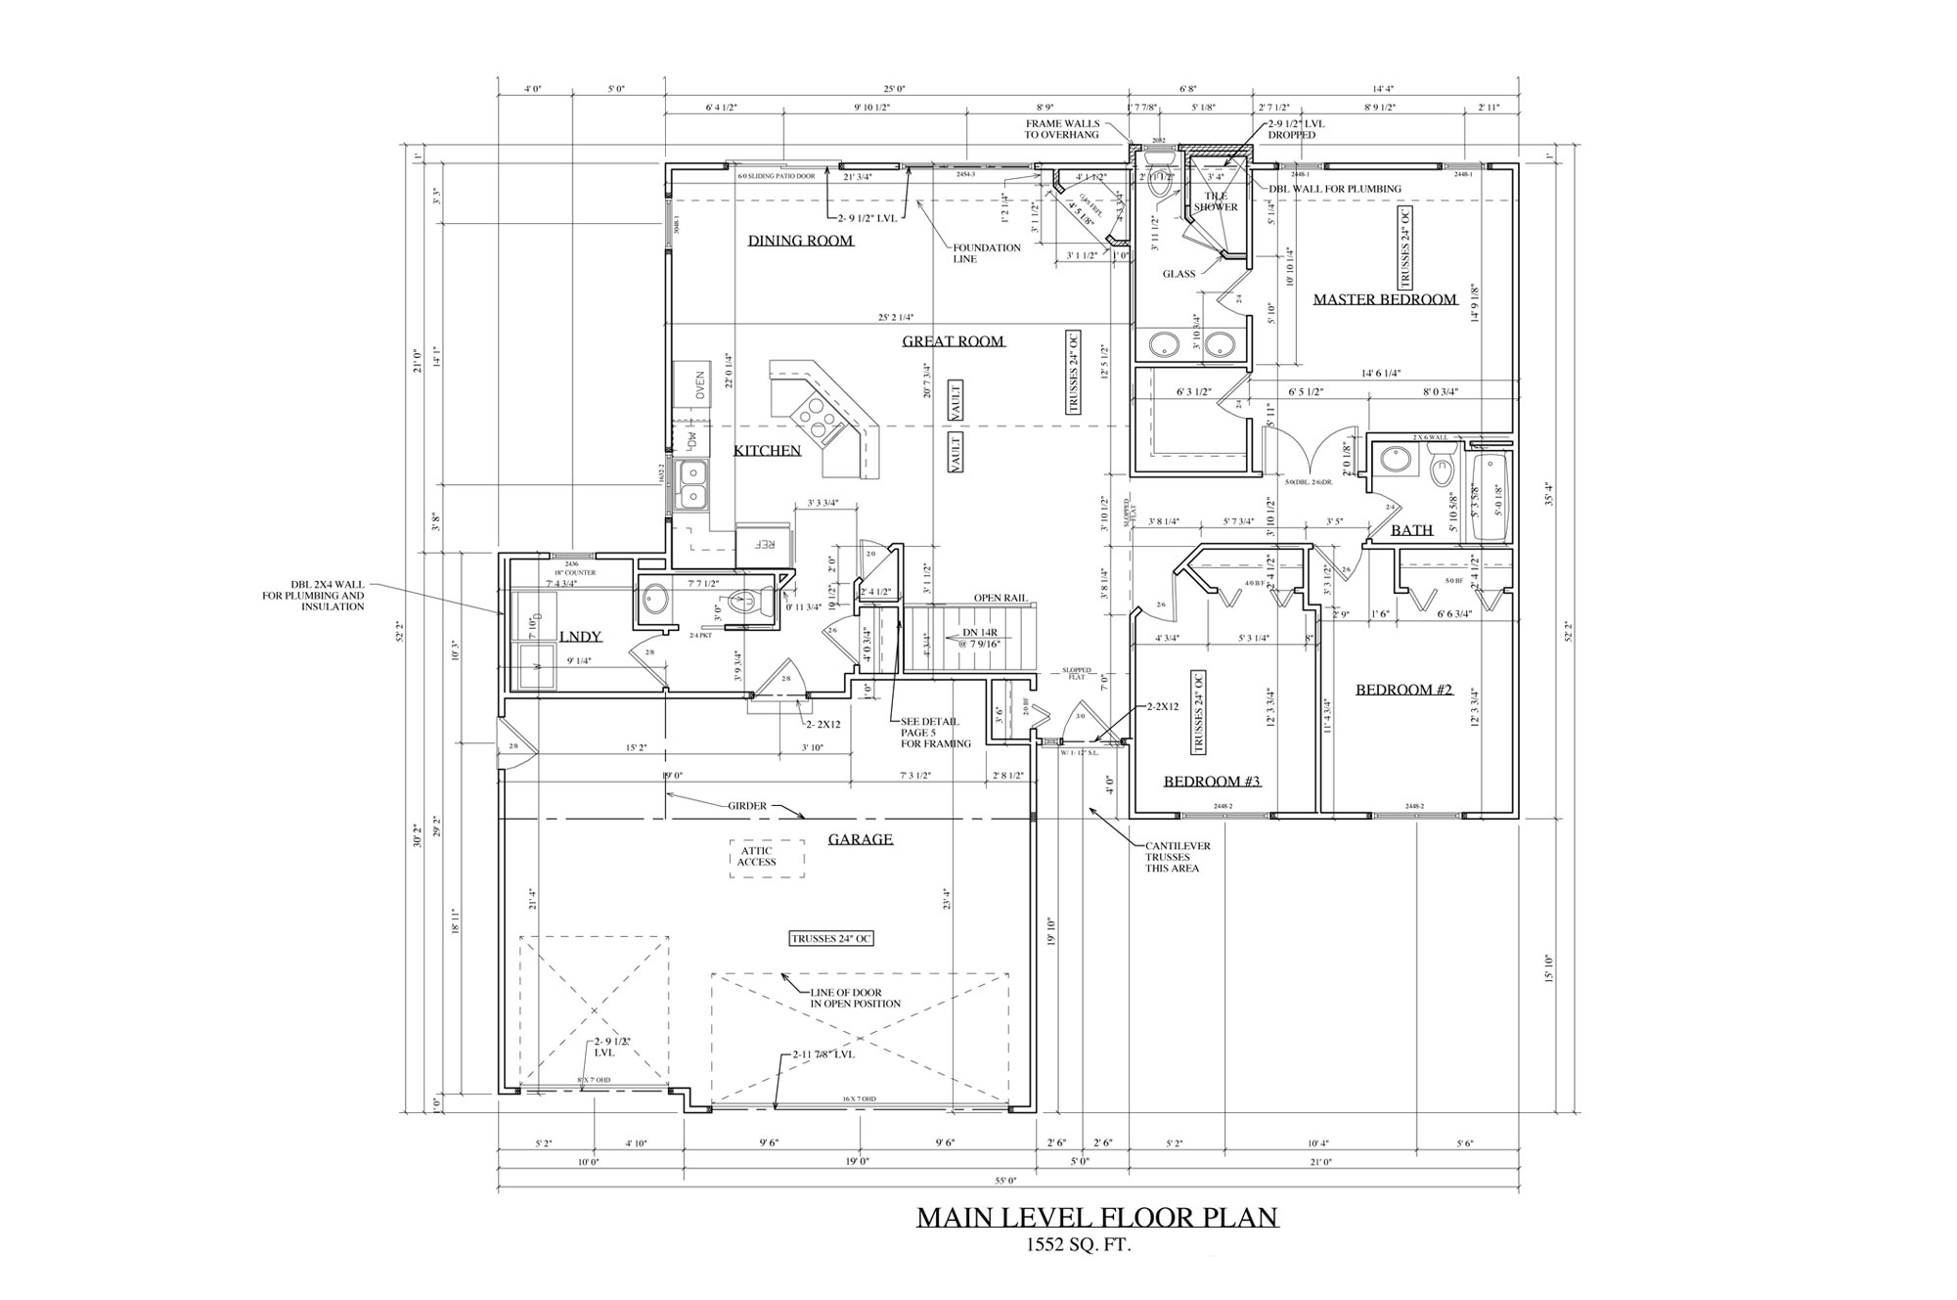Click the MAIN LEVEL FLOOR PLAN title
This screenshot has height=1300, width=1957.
(x=1096, y=1217)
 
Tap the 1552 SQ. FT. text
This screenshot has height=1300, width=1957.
(x=1079, y=1245)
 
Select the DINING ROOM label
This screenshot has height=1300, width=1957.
(x=801, y=241)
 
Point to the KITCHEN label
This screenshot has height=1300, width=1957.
(x=768, y=451)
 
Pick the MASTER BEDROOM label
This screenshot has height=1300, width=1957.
(x=1384, y=299)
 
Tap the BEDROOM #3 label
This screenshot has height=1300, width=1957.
(x=1212, y=782)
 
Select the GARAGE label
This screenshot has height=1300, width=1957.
(x=861, y=839)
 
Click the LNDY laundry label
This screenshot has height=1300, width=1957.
(x=580, y=637)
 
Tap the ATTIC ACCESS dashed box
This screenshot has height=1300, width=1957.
(x=767, y=858)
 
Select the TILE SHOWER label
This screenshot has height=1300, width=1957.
(x=1216, y=202)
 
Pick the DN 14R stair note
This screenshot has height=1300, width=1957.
(x=972, y=639)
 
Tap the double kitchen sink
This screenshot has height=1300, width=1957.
(x=693, y=486)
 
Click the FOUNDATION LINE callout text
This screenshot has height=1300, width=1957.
(x=987, y=253)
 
